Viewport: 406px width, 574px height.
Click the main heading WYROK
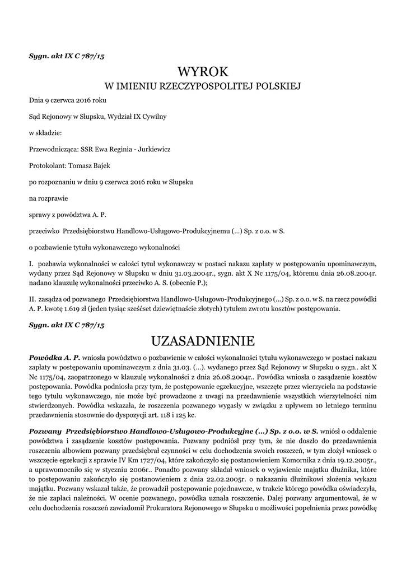click(x=203, y=72)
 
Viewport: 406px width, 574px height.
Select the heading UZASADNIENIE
click(x=203, y=341)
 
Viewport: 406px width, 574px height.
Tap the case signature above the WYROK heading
click(x=67, y=56)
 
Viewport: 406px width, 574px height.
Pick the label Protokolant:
click(x=48, y=166)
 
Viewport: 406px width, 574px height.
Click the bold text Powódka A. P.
click(x=55, y=358)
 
